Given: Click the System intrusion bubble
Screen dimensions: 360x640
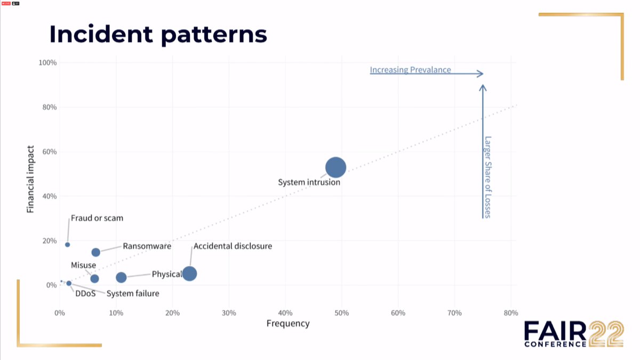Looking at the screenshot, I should (335, 167).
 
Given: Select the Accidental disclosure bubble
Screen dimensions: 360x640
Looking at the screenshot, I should (189, 274).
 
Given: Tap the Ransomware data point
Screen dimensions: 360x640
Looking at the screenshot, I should (96, 252).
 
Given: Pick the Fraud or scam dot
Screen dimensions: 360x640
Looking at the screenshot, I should (67, 245).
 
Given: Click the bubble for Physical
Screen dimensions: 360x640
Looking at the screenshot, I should (121, 277).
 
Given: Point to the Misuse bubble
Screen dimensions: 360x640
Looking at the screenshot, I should (94, 278).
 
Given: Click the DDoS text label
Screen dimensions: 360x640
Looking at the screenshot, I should (85, 293).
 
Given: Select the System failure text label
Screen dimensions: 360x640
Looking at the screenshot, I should (133, 293).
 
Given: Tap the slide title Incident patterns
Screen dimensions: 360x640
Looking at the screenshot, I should (158, 34).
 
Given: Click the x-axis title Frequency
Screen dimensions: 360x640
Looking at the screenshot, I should (288, 324).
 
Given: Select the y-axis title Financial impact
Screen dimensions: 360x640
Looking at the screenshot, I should (31, 179).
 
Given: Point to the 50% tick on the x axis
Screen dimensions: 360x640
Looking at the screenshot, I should (341, 313).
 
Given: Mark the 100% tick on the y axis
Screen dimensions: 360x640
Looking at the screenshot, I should (47, 63).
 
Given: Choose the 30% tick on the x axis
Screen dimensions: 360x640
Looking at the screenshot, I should (229, 313).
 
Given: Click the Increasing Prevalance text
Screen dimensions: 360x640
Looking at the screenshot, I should (410, 70).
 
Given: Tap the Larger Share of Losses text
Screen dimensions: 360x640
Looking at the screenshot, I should (487, 177).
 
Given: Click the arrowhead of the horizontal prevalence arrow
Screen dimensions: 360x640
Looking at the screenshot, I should (480, 74).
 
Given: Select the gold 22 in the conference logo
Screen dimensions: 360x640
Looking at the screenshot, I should (605, 334).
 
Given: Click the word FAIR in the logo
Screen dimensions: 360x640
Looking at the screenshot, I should (555, 332).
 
